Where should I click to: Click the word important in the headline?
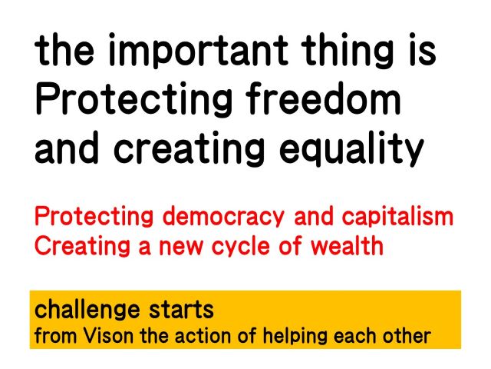pos(198,50)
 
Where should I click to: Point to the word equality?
pos(351,148)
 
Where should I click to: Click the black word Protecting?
pos(133,100)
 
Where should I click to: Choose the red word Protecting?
pos(94,217)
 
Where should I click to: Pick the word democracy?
pos(223,217)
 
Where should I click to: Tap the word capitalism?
pos(397,216)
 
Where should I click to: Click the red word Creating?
pos(82,246)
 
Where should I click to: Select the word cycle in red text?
pos(240,246)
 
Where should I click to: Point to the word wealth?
pos(347,245)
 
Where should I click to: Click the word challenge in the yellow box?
pos(87,310)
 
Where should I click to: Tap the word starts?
pos(181,309)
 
